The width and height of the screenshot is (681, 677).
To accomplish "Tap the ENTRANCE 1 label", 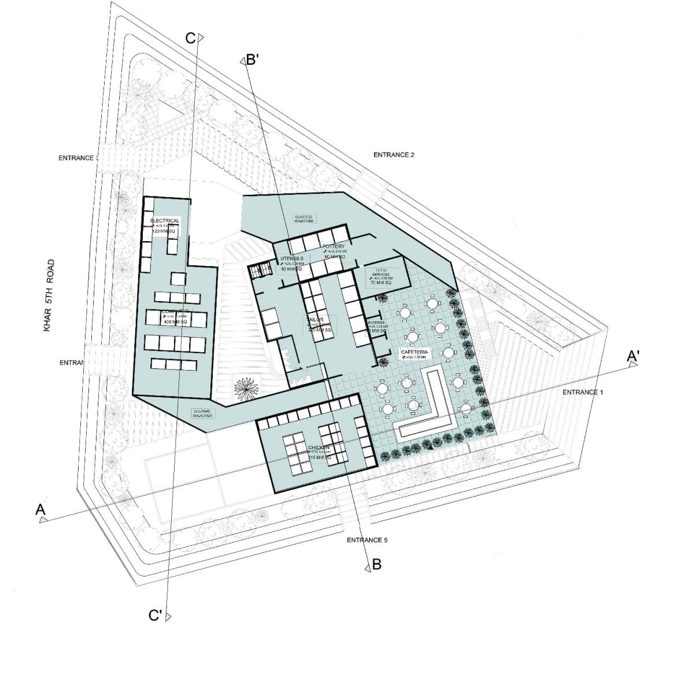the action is pyautogui.click(x=583, y=393).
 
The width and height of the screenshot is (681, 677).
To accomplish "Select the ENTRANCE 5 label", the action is pyautogui.click(x=367, y=540).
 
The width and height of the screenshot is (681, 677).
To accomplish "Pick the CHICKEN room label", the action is pyautogui.click(x=319, y=448).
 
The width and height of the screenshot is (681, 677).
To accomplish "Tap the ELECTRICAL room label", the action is pyautogui.click(x=165, y=221).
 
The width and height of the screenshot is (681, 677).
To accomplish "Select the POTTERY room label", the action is pyautogui.click(x=334, y=247).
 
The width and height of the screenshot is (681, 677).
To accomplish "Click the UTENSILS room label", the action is pyautogui.click(x=292, y=258).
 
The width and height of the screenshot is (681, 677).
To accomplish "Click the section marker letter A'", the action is pyautogui.click(x=632, y=357).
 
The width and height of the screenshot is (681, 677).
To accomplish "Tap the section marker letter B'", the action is pyautogui.click(x=252, y=59).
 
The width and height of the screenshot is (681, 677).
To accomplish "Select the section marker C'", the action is pyautogui.click(x=155, y=615).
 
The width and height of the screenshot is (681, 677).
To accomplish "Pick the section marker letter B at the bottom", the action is pyautogui.click(x=376, y=564).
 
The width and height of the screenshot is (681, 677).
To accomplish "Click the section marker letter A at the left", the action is pyautogui.click(x=40, y=509).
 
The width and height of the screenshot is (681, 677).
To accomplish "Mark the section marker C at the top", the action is pyautogui.click(x=190, y=38).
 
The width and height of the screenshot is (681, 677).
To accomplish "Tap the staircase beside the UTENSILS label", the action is pyautogui.click(x=260, y=270).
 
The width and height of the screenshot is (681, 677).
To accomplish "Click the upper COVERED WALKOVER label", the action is pyautogui.click(x=304, y=219).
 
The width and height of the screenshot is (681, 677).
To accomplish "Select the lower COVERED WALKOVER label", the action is pyautogui.click(x=203, y=413).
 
